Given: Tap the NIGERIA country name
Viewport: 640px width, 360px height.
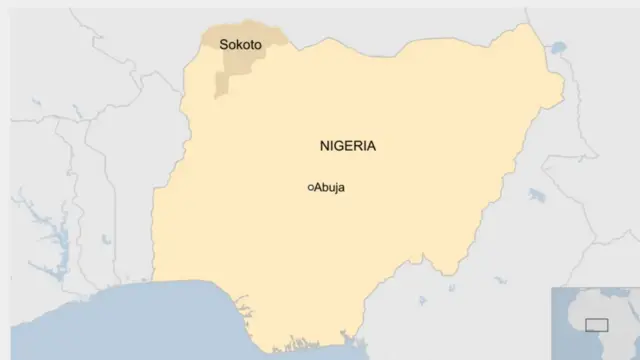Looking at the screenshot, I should [348, 146].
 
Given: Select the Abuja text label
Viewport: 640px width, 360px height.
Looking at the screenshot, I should [332, 187].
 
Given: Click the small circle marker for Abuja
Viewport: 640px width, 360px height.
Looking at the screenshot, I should [311, 187].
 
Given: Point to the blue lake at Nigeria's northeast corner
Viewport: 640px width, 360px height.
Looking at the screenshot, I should [557, 47].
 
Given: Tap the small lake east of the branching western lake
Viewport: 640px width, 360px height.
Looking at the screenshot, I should [103, 240].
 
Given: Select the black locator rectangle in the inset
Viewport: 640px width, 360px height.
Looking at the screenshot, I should [596, 325].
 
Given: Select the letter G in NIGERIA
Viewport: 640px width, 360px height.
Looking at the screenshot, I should [341, 146].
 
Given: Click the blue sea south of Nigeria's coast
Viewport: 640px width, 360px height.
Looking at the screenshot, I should [150, 320].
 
